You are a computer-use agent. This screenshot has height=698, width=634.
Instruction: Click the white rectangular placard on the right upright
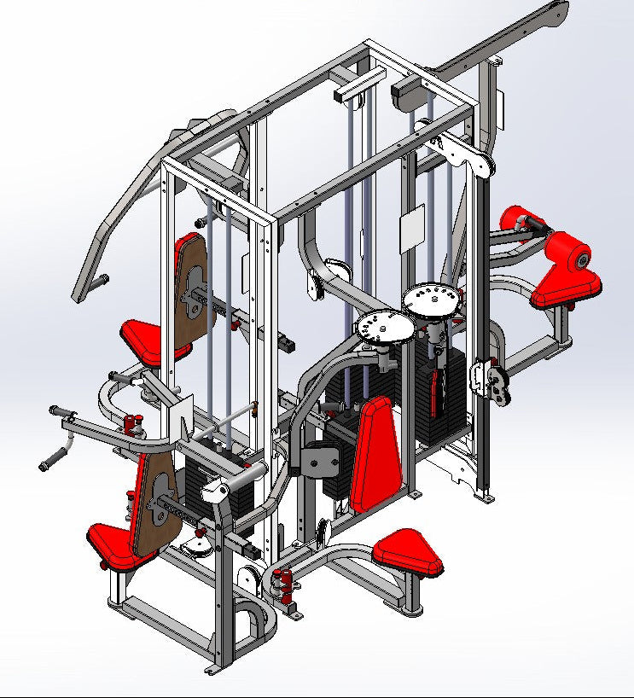(413, 226)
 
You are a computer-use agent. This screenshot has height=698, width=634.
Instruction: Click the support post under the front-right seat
(414, 591)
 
